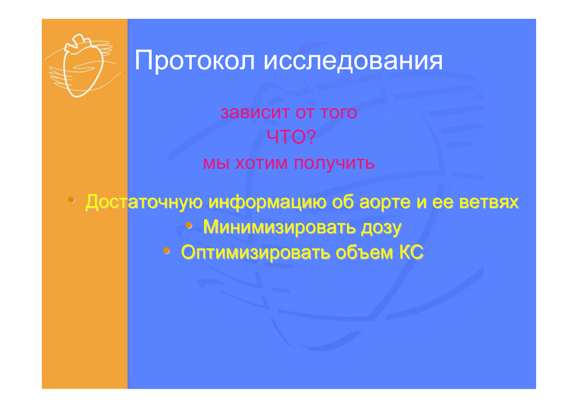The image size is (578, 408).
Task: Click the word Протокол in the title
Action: (195, 61)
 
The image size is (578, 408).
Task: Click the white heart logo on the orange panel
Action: (82, 66)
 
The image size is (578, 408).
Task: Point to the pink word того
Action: (338, 113)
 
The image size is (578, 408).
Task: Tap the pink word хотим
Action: (261, 163)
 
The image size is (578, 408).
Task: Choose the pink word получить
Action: (334, 164)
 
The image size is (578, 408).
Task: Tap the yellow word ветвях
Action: (489, 202)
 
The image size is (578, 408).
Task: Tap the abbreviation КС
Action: (411, 252)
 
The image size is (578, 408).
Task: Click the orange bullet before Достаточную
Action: (71, 200)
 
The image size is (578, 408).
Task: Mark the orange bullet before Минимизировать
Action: (189, 225)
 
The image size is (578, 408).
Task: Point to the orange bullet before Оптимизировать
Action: (167, 250)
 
